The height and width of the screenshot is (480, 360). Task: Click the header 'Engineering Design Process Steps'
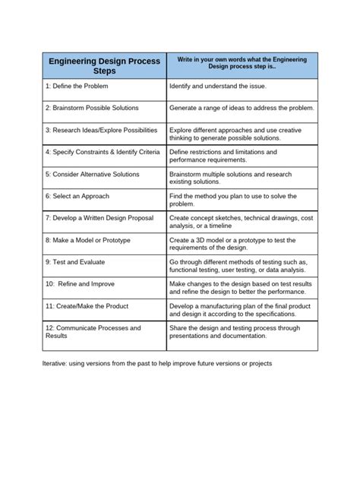[x=105, y=65]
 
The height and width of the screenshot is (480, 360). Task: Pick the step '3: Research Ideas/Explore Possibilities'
[x=104, y=130]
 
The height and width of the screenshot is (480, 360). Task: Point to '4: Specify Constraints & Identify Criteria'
[x=102, y=152]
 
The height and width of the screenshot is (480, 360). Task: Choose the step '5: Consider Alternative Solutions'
[x=92, y=174]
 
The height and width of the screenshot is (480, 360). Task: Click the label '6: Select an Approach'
[x=77, y=196]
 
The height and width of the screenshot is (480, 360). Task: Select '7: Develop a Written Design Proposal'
[x=100, y=218]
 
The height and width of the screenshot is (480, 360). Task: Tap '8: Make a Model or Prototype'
[x=87, y=240]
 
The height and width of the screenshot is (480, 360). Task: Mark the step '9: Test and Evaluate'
[x=75, y=262]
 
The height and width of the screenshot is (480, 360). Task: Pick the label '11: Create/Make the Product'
[x=87, y=306]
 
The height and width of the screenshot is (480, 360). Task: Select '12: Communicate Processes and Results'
[x=93, y=333]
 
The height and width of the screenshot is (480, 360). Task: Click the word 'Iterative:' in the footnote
[x=57, y=363]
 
